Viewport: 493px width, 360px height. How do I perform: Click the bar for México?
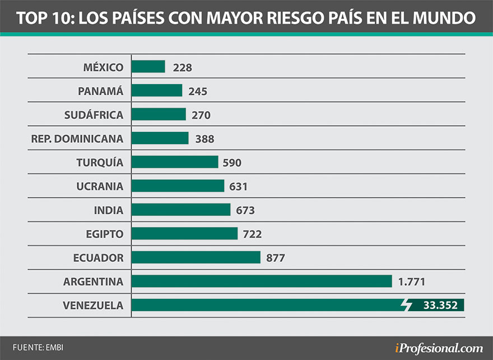pos(148,67)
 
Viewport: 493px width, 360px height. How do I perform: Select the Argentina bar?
pos(262,281)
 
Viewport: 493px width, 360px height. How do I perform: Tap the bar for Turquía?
pos(175,162)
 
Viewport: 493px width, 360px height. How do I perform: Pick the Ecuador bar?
pos(196,257)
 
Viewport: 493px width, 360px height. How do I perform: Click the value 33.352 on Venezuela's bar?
pos(440,306)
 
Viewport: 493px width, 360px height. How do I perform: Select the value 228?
pos(183,67)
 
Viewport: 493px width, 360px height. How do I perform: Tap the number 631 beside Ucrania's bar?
pos(238,187)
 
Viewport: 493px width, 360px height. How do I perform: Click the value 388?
pos(204,139)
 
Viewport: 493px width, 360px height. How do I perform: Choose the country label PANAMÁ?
pos(101,91)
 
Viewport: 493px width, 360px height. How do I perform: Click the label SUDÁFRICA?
pos(94,115)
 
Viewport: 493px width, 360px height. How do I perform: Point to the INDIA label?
pos(109,210)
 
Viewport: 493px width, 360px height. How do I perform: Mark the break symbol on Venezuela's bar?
pos(408,306)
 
